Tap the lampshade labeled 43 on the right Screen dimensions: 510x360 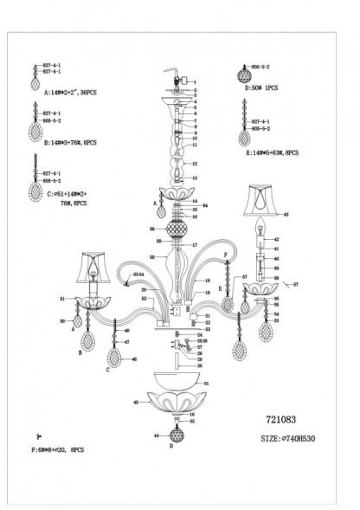[260, 200]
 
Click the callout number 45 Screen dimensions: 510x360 [137, 402]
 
